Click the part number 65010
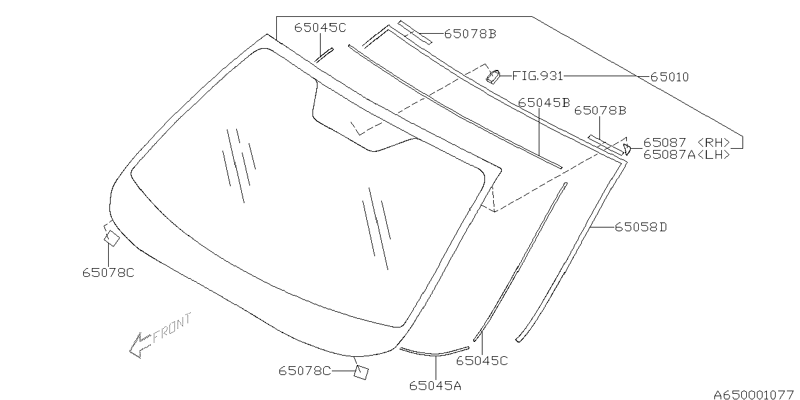(669, 77)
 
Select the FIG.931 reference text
(537, 76)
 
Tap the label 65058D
(641, 227)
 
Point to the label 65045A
(435, 386)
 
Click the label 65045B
(544, 103)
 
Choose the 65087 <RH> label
(687, 142)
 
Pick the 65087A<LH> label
(687, 154)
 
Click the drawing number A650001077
(754, 394)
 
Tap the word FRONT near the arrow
(172, 328)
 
